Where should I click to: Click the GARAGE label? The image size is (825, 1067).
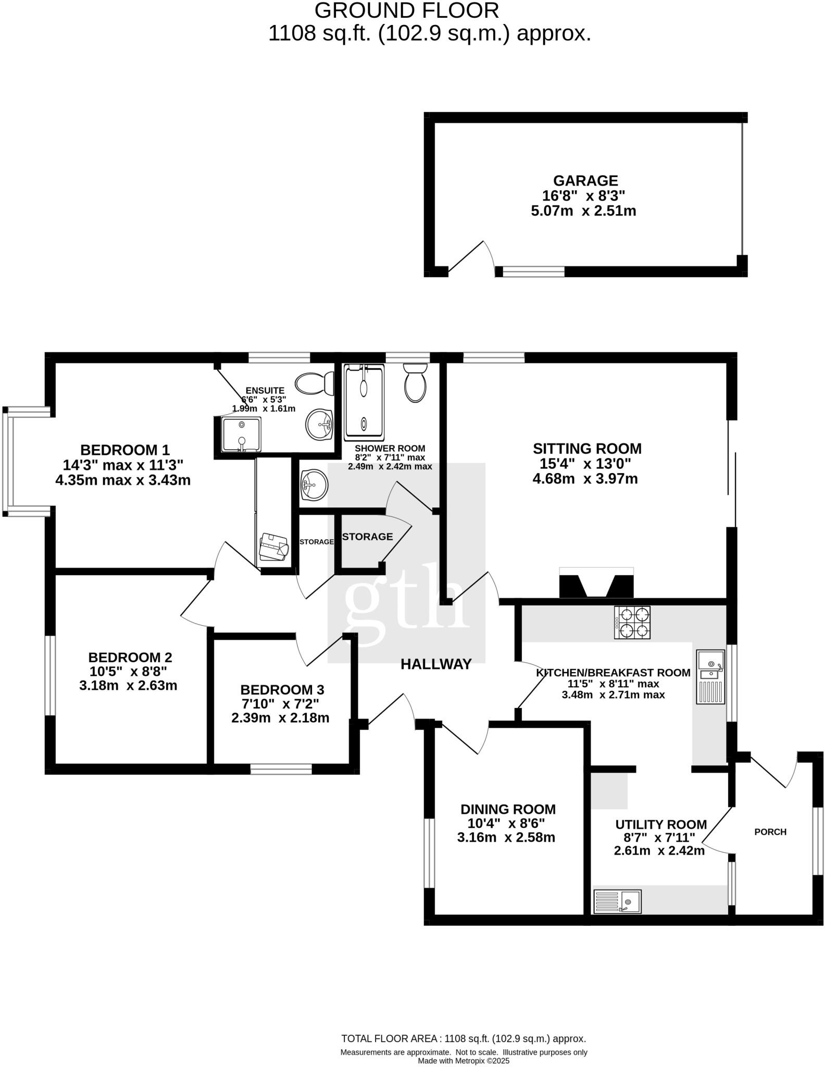click(585, 181)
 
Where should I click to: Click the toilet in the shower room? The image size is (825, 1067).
click(415, 383)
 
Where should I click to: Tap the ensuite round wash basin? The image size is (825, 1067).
click(319, 425)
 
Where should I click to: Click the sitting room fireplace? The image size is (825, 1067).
click(596, 582)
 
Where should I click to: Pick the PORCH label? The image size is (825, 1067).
click(770, 832)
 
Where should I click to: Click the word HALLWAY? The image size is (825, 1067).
click(436, 664)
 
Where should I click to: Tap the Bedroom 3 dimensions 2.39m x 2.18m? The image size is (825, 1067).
click(280, 718)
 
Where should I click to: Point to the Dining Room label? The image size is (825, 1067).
click(508, 809)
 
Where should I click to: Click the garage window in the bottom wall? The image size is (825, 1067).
click(530, 271)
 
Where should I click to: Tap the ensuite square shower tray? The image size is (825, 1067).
click(241, 434)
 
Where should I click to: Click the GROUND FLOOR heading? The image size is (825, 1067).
click(406, 10)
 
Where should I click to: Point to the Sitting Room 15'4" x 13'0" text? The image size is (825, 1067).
click(585, 464)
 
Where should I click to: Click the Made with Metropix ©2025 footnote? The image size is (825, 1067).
click(464, 1061)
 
